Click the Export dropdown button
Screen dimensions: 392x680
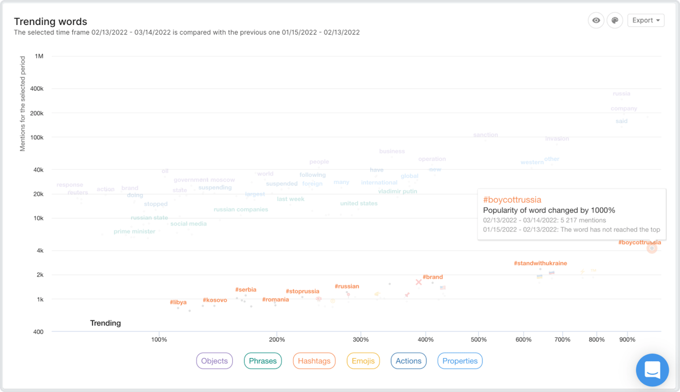click(645, 20)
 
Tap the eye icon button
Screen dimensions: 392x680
click(596, 20)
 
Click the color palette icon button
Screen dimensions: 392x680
click(615, 20)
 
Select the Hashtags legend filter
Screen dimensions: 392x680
click(314, 361)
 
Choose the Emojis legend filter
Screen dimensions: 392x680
click(363, 361)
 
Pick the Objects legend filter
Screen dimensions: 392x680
click(215, 361)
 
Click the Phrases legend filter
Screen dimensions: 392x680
click(263, 361)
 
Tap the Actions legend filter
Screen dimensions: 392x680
click(409, 361)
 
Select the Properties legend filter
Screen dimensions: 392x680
click(460, 361)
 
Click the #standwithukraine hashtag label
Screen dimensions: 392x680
click(540, 263)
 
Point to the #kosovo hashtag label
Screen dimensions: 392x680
click(215, 300)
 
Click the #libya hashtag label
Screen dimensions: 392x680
click(178, 302)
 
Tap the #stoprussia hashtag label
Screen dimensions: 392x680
click(302, 291)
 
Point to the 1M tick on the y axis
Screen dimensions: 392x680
click(39, 56)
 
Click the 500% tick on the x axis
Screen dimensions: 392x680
click(479, 339)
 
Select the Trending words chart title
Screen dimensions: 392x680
click(50, 22)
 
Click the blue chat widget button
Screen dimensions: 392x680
click(652, 370)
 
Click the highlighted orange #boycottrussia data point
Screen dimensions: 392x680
click(652, 248)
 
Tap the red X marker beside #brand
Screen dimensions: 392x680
click(419, 282)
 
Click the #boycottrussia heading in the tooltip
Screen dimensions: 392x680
click(512, 200)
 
